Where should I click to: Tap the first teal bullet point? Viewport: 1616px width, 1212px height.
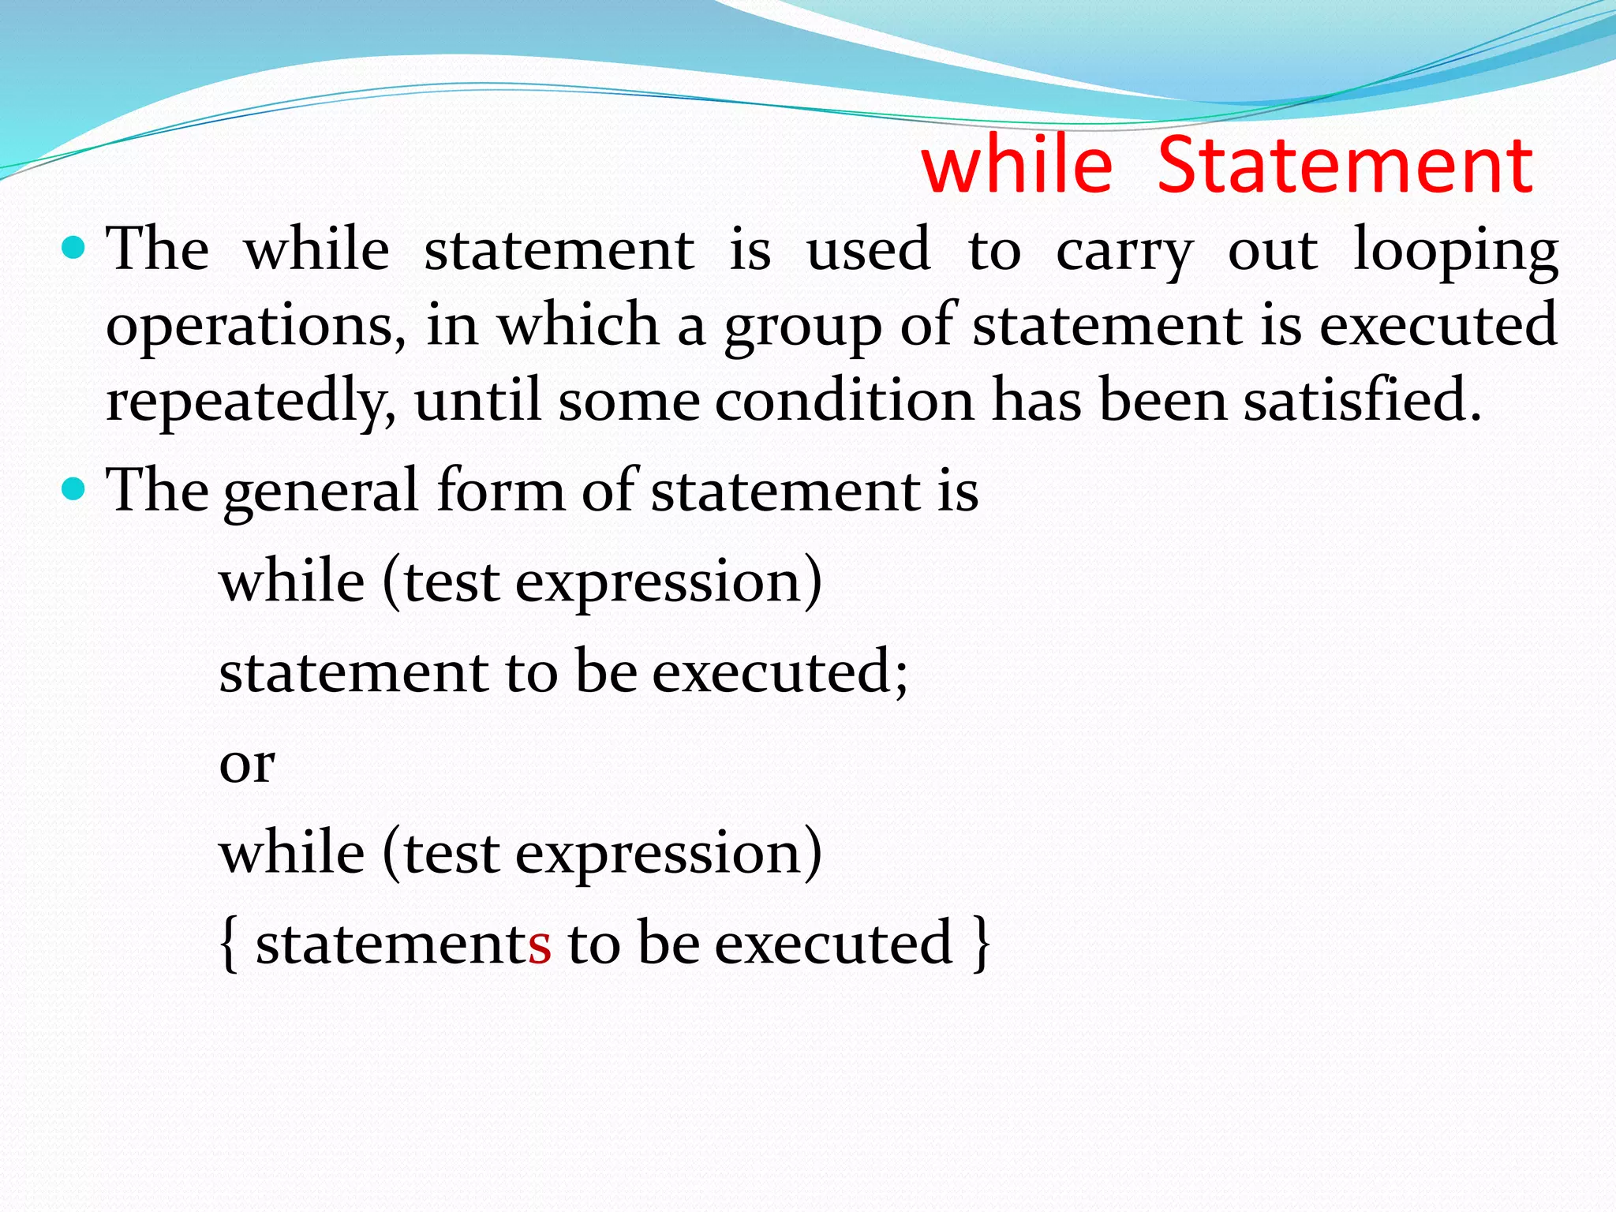[74, 249]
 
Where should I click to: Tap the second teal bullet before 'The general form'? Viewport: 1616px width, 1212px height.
[74, 489]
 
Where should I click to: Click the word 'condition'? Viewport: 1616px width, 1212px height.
[844, 399]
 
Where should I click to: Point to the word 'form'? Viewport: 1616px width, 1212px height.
[500, 490]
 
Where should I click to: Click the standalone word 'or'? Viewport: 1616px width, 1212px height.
[247, 764]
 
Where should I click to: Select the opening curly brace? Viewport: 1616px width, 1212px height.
[229, 944]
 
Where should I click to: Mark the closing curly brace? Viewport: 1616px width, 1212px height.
[981, 944]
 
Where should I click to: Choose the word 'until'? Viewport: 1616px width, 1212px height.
[477, 399]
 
